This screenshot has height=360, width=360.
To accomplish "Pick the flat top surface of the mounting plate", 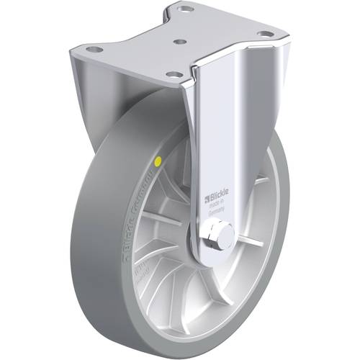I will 180,32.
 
